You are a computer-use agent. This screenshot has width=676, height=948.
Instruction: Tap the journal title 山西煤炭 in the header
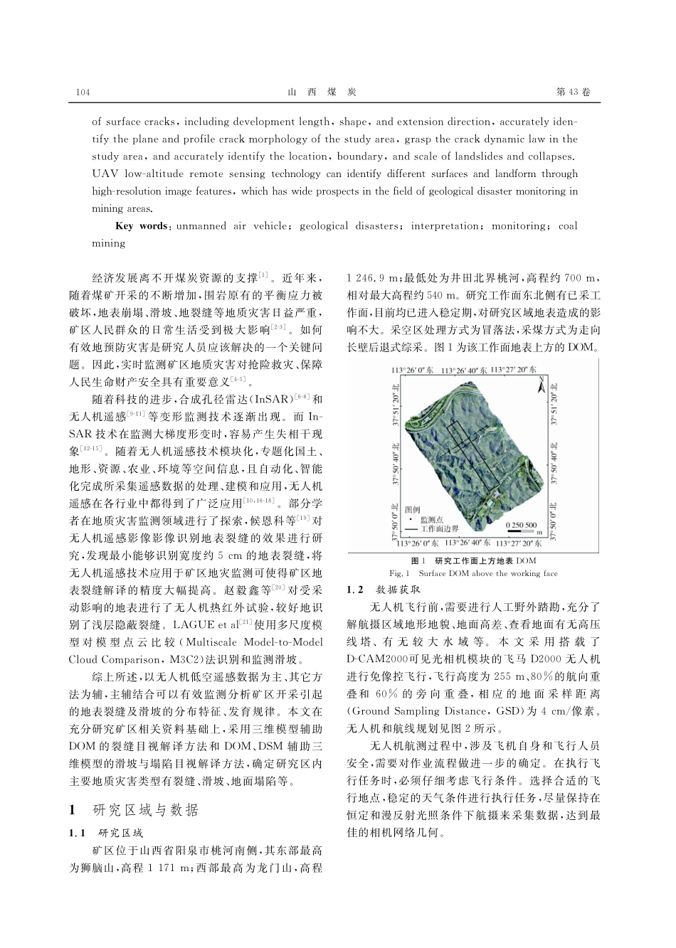pos(322,93)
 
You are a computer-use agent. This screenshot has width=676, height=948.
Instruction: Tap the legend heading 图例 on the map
pos(412,510)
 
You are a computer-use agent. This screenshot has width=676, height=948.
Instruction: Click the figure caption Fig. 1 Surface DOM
pos(473,573)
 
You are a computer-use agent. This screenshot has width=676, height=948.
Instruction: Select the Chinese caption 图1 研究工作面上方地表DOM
pos(474,561)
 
